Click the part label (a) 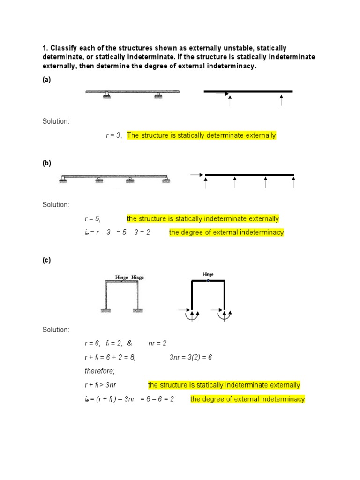coord(46,80)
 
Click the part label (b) coord(46,163)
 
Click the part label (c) coord(46,261)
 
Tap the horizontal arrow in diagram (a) coord(221,94)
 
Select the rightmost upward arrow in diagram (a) coord(281,100)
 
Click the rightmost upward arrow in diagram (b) coord(293,182)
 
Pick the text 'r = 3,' coord(113,135)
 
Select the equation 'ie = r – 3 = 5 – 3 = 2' coord(115,232)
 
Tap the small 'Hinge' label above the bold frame coord(208,274)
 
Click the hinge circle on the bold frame coord(208,281)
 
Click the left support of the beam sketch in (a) coord(107,95)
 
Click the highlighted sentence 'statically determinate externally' coord(202,135)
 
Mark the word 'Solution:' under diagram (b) coord(56,204)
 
